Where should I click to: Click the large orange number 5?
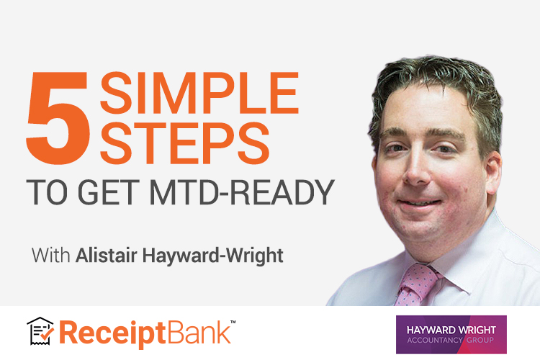tap(58, 117)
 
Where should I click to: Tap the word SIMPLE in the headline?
tap(199, 93)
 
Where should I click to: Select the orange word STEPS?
tap(184, 143)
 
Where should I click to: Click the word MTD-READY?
tap(242, 192)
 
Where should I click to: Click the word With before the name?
tap(50, 256)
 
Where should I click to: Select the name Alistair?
tap(106, 256)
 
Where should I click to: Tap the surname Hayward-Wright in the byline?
tap(213, 256)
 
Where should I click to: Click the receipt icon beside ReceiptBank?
tap(40, 331)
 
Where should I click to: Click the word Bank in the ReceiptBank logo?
tap(199, 332)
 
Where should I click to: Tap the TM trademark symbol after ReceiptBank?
tap(233, 322)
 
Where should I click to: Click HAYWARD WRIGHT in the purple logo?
tap(451, 330)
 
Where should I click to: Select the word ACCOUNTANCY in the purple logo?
tap(435, 341)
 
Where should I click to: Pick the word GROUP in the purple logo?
tap(480, 341)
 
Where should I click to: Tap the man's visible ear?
tap(493, 172)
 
